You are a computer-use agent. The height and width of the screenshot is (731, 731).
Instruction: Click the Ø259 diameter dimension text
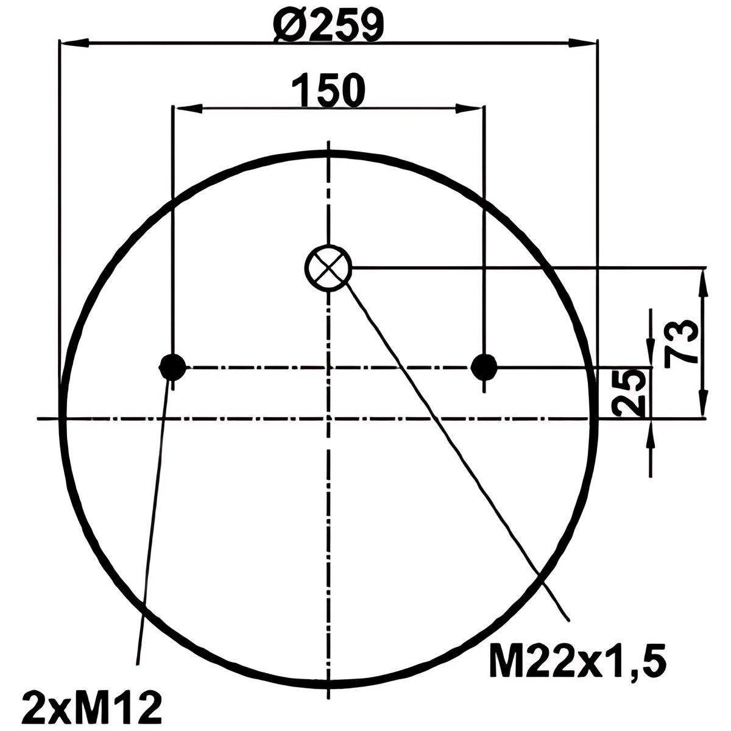328,24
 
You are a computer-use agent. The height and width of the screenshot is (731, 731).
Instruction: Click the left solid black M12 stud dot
172,367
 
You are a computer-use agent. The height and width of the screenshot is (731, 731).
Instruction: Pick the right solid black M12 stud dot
484,367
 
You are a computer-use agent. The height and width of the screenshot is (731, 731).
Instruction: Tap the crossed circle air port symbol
328,268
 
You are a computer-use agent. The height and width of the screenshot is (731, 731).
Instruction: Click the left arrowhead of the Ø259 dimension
74,43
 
